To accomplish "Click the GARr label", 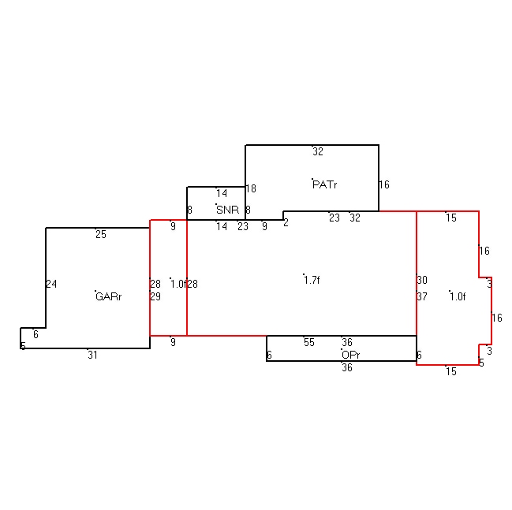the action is pos(109,296).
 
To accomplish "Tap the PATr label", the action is pos(324,184).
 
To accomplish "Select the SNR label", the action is pos(227,210).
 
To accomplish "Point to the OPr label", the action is pos(351,355).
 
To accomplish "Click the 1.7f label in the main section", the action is pos(312,280).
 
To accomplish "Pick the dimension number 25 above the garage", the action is pos(101,234).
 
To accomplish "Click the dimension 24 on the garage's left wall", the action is pos(51,284).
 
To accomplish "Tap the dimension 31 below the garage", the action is pos(93,355).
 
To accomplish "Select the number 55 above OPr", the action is pos(309,342).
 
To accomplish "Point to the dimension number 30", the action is pos(422,280).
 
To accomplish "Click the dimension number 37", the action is pos(422,296).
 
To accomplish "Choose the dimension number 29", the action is pos(155,296).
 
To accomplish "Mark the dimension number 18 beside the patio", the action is pos(251,188).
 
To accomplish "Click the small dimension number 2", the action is pos(286,222).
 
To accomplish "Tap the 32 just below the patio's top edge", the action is pos(318,151).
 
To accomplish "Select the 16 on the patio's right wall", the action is pos(384,184).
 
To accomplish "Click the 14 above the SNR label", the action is pos(222,193).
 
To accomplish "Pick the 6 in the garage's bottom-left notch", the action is pos(36,334).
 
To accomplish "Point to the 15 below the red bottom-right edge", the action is pos(451,371).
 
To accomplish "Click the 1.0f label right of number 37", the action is pos(458,296).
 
